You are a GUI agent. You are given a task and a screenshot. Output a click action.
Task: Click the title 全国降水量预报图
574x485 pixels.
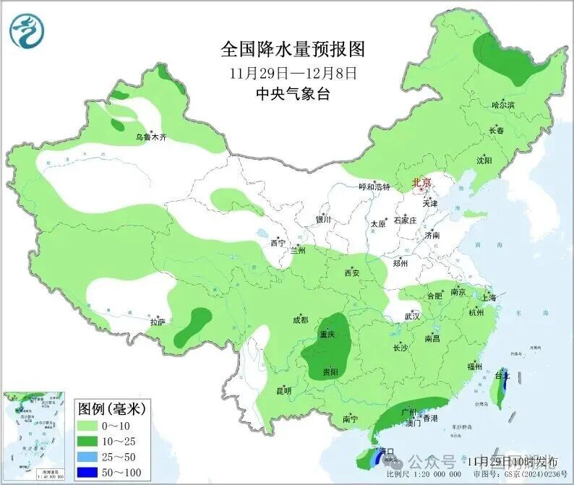(x=293, y=49)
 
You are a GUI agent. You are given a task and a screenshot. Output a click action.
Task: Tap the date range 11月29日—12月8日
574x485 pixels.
(x=293, y=72)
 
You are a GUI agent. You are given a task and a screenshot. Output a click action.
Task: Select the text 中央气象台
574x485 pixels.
(x=293, y=93)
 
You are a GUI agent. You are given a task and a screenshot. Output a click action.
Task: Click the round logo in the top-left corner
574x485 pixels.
(x=27, y=30)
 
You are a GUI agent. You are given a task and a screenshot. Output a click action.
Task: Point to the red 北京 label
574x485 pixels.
(x=422, y=184)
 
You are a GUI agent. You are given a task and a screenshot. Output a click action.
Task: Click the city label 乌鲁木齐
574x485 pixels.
(x=151, y=137)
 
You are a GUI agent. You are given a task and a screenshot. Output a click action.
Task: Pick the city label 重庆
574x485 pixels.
(x=327, y=335)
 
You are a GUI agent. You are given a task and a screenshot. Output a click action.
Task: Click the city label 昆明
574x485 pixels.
(x=284, y=391)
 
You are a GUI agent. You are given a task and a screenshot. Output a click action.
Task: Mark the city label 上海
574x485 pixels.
(x=489, y=297)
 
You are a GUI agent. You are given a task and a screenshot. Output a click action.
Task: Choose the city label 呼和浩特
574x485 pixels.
(x=374, y=186)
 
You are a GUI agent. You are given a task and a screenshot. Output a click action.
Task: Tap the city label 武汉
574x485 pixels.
(x=412, y=317)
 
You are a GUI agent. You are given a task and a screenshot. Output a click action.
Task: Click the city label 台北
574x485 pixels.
(x=502, y=376)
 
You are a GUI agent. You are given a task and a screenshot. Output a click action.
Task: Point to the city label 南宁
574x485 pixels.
(x=351, y=419)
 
